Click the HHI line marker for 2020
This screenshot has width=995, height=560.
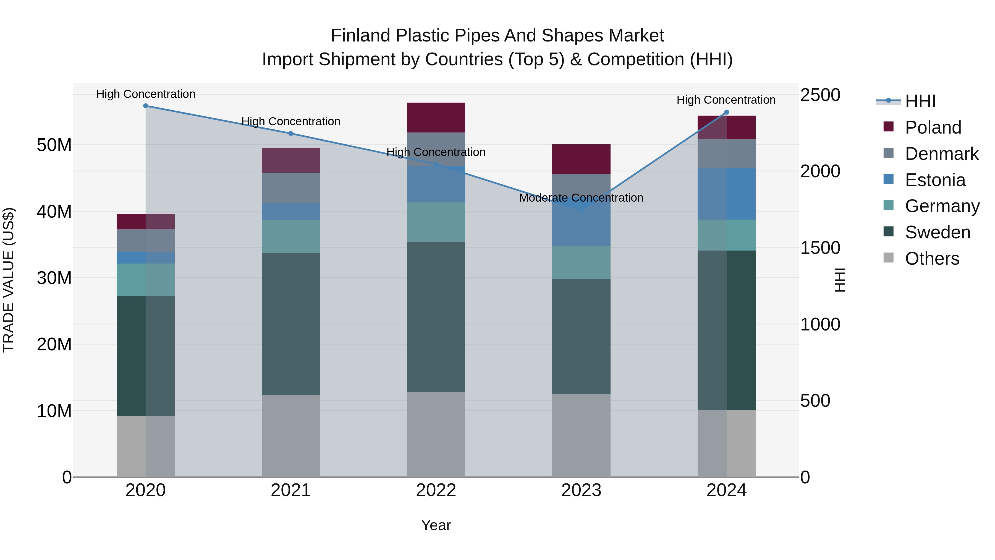(x=146, y=106)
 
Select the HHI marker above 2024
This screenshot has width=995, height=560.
(x=726, y=113)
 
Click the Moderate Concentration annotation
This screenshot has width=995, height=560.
(x=581, y=198)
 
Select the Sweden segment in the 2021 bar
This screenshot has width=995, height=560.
(x=291, y=324)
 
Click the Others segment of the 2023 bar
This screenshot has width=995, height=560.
(x=581, y=435)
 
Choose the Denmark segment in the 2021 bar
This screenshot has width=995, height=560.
(x=291, y=188)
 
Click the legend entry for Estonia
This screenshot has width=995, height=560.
(x=935, y=180)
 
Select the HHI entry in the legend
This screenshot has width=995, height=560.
(x=920, y=101)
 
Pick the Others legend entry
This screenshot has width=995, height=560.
(x=932, y=259)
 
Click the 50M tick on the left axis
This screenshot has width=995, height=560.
(x=54, y=145)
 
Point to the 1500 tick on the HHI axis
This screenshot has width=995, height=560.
(x=820, y=248)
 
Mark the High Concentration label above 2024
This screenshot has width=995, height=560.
(x=726, y=100)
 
